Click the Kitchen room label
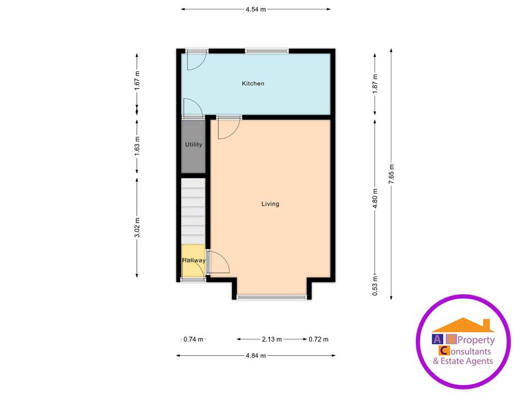253,84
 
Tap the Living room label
270,204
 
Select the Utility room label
194,145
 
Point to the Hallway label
194,261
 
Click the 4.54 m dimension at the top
255,9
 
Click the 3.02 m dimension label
137,227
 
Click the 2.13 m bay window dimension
272,339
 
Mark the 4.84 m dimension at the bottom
255,356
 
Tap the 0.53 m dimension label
375,286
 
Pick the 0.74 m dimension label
193,339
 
